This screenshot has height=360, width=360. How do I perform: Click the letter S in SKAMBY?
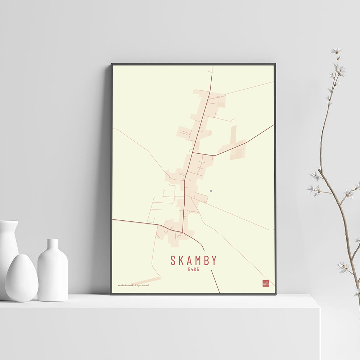click(x=174, y=260)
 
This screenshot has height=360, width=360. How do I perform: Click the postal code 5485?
click(x=193, y=269)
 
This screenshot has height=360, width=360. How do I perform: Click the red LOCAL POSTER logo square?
click(x=266, y=283)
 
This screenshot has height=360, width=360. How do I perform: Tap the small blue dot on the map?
click(x=211, y=191)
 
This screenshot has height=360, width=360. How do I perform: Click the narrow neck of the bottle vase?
click(x=53, y=244)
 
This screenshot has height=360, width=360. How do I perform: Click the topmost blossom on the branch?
click(x=337, y=50)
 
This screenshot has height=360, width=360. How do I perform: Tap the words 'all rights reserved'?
click(x=142, y=285)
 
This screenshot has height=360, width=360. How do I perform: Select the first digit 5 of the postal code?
click(x=189, y=269)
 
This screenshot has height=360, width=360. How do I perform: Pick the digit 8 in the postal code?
click(x=195, y=269)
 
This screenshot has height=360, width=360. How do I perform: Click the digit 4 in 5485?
click(x=192, y=269)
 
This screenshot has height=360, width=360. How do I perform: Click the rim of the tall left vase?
click(x=9, y=222)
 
